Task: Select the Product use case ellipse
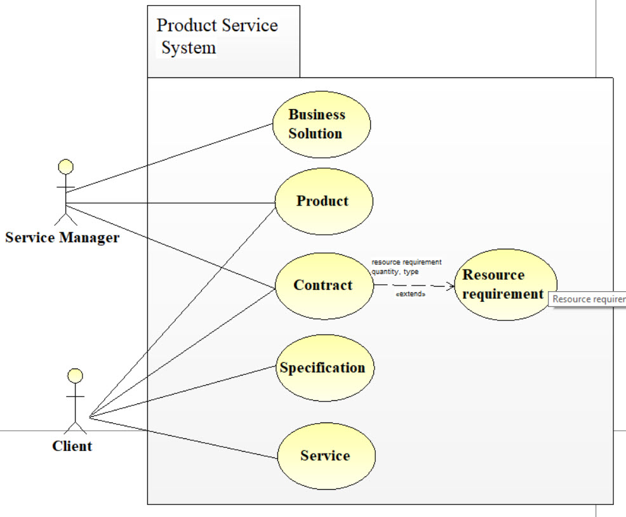click(x=323, y=202)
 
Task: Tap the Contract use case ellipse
click(x=323, y=285)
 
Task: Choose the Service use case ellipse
click(x=326, y=455)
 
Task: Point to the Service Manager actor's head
click(x=65, y=167)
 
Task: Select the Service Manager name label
click(x=62, y=239)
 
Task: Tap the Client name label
click(x=72, y=447)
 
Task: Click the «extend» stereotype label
click(x=410, y=295)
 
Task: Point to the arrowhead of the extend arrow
click(x=451, y=286)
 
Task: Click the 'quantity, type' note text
click(x=395, y=272)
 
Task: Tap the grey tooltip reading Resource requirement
click(x=589, y=299)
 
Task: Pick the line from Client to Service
click(x=184, y=437)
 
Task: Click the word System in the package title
click(x=189, y=48)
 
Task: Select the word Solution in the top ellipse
click(x=316, y=134)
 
